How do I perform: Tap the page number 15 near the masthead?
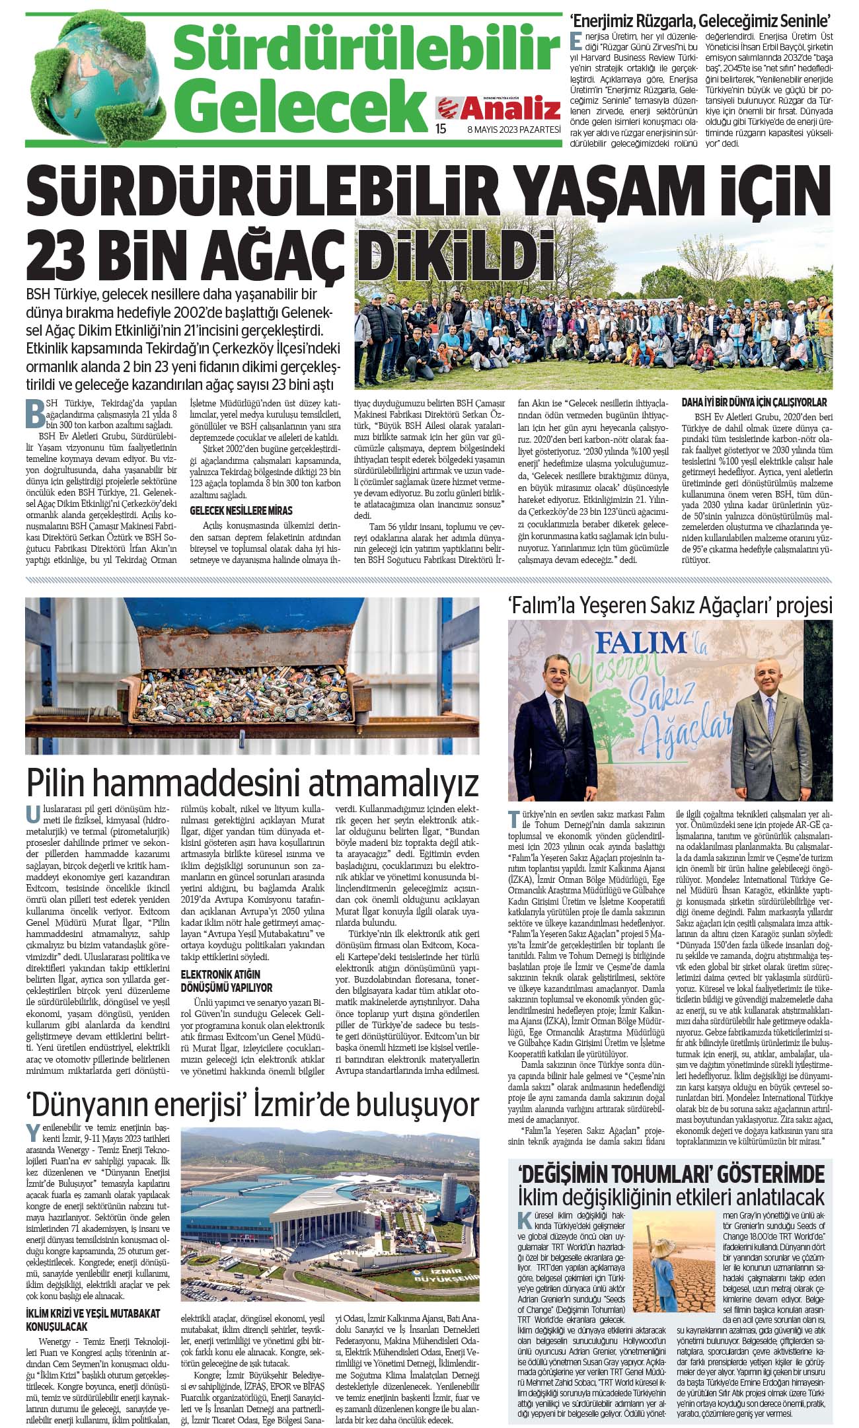(x=441, y=129)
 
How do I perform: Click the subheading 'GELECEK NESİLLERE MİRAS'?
(x=241, y=511)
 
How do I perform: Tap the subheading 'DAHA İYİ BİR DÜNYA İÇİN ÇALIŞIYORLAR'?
(x=754, y=402)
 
